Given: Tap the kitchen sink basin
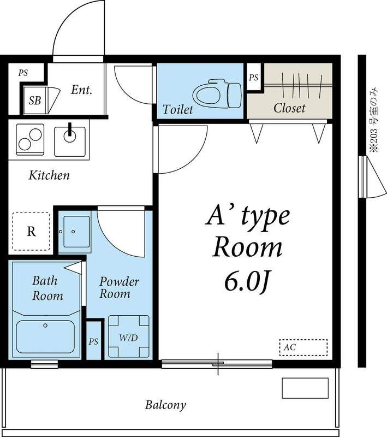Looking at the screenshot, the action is (70, 141).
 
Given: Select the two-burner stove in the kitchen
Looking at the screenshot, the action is (30, 139).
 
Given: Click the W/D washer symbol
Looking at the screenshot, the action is (129, 336).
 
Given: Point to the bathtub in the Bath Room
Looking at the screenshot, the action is (45, 336).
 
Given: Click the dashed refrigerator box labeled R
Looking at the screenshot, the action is (31, 231).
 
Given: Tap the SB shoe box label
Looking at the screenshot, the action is (35, 101).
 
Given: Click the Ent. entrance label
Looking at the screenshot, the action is (81, 90).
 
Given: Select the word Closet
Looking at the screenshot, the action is (289, 108).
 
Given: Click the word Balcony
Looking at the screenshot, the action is (165, 405).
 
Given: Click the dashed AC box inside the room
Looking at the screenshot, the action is (303, 347).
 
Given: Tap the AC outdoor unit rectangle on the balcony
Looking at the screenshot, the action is (305, 388).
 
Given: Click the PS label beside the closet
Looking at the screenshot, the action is (254, 78).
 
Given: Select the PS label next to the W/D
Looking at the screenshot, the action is (93, 341).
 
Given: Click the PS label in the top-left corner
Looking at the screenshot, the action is (23, 73).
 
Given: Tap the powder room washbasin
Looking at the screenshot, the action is (76, 232).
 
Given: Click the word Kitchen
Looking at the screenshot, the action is (49, 175).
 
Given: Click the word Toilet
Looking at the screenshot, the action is (177, 109).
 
